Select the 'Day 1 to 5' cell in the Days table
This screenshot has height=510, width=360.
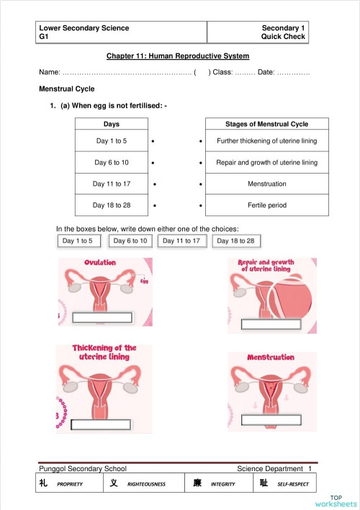111,141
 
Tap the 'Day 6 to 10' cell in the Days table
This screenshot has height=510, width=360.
111,163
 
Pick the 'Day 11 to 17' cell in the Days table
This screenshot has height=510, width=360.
111,184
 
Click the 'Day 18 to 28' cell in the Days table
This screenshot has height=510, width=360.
111,205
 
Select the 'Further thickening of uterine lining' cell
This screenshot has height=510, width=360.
266,141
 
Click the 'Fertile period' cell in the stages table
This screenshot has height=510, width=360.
266,205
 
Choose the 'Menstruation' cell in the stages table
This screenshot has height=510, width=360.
266,184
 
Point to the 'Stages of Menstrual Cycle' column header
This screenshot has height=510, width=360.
266,124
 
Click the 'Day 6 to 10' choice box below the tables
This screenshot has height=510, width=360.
130,241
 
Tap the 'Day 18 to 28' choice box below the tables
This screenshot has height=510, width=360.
236,241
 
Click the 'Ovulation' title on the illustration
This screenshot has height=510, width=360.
100,262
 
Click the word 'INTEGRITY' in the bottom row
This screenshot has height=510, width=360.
223,484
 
